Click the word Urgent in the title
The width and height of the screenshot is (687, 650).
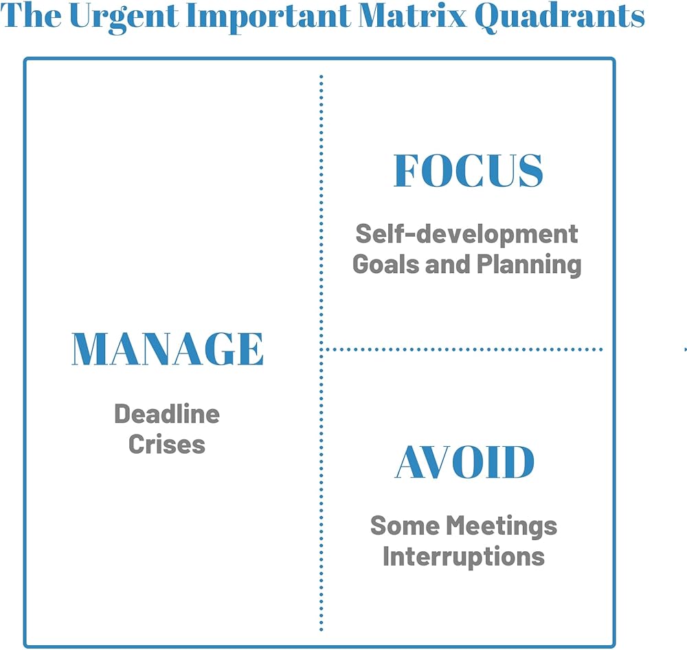[124, 17]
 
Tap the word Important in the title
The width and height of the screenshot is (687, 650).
[269, 17]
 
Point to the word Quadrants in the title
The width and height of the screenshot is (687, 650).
[559, 17]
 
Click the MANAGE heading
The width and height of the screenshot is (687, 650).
[168, 349]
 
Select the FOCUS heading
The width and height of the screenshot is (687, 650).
[469, 170]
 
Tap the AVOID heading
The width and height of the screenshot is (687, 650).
[464, 462]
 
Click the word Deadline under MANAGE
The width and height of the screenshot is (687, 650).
[167, 414]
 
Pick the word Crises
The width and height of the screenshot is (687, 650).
[167, 444]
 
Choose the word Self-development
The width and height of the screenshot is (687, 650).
[466, 234]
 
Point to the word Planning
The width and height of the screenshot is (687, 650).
[529, 265]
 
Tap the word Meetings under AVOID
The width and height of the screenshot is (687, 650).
[502, 526]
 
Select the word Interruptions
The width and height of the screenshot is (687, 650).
[464, 557]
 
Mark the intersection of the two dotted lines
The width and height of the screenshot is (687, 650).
[321, 349]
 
